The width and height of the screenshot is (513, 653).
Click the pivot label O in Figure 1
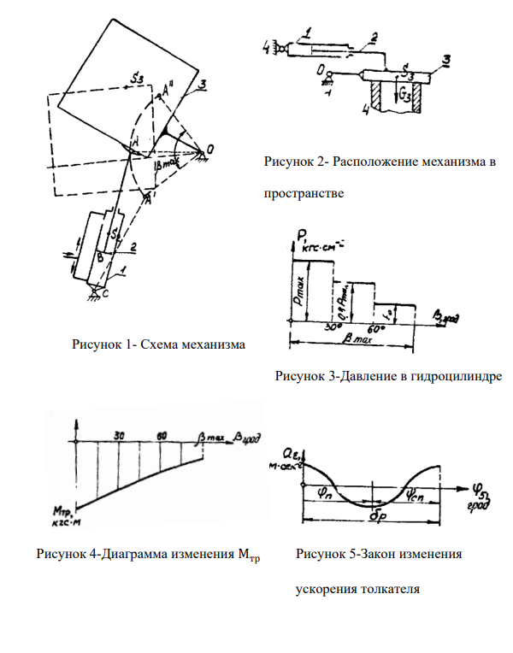click(209, 147)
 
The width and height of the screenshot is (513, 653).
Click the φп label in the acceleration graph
click(324, 492)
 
